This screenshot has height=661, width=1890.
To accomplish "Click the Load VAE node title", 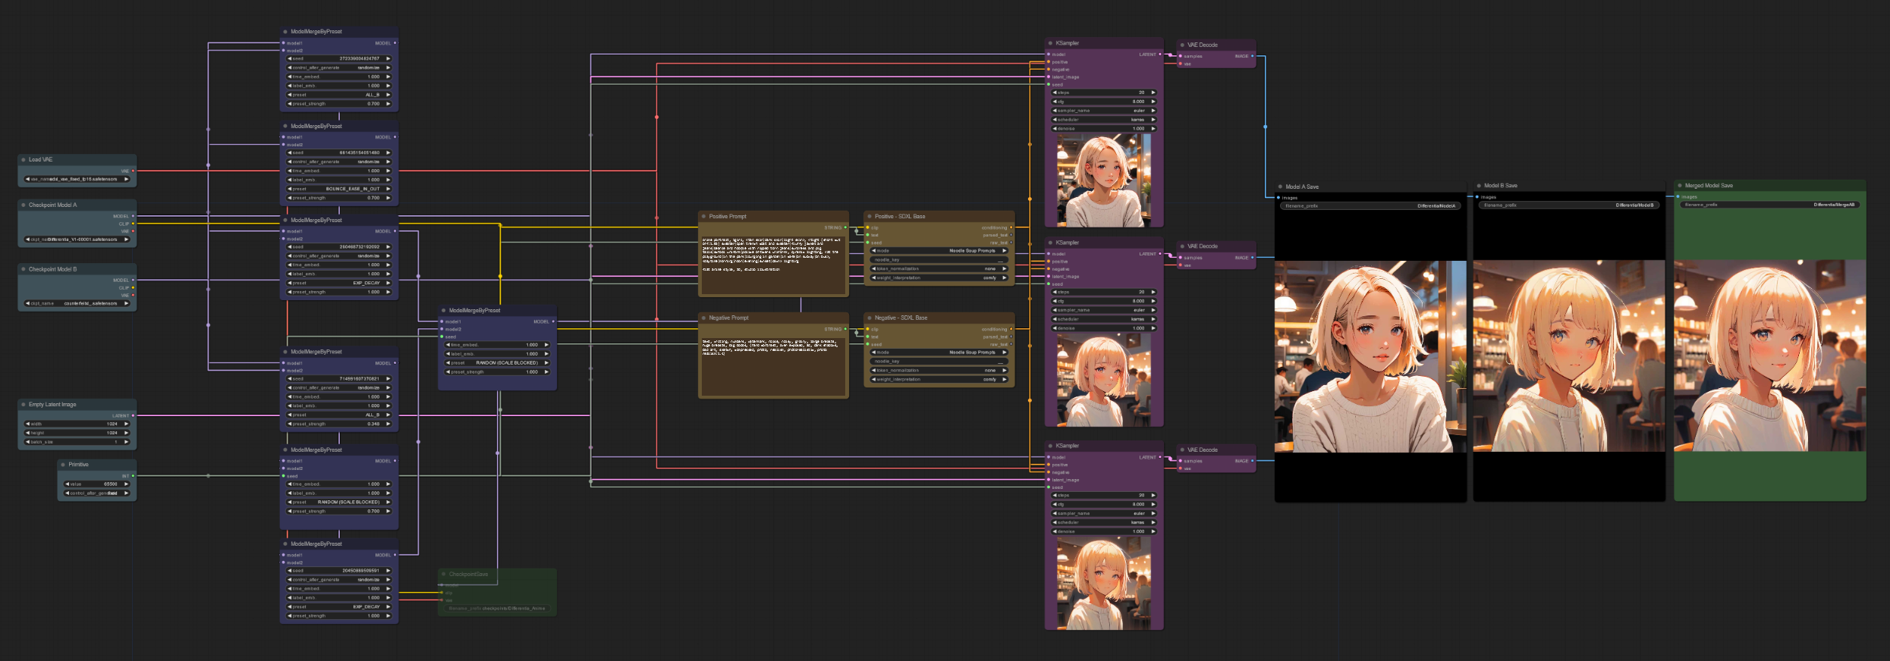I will click(41, 160).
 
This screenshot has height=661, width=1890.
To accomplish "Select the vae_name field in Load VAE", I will click(77, 180).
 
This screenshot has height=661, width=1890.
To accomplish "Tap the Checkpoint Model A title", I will click(52, 205).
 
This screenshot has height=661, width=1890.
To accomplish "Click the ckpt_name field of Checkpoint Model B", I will click(77, 303).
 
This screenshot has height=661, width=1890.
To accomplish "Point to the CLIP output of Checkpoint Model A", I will click(133, 224).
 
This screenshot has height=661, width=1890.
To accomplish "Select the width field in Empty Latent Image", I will click(77, 424).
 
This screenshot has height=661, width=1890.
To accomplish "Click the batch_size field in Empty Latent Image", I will click(77, 442).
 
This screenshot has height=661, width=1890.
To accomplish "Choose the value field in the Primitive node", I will click(97, 484).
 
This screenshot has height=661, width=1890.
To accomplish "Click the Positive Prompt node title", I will click(728, 217).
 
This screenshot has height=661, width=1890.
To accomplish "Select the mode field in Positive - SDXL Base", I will click(939, 251).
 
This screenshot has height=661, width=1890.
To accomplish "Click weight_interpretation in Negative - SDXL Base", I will click(939, 380).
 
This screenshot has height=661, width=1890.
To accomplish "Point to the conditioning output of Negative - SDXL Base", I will click(1011, 329).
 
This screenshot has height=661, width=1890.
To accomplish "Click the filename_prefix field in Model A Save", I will click(1370, 206).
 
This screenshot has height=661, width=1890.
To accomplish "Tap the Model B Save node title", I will click(1500, 186).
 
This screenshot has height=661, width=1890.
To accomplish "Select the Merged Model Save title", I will click(1709, 186).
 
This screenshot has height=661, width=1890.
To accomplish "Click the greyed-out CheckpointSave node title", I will click(468, 575).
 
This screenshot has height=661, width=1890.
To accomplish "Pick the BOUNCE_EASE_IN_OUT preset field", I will click(339, 189).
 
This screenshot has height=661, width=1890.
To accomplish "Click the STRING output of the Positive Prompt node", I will click(845, 227).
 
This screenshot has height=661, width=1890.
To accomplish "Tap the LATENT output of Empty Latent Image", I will click(133, 415).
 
